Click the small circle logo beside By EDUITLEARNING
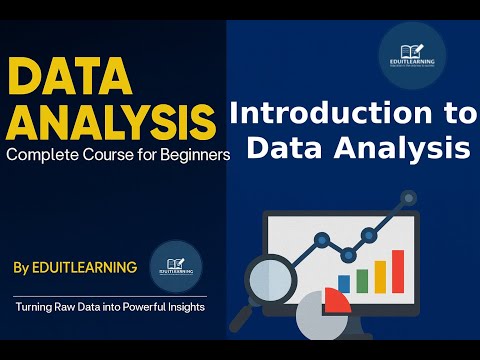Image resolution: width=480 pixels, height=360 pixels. [176, 267]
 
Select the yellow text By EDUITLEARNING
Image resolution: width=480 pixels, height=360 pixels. [77, 268]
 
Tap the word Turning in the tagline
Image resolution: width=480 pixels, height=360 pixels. [38, 307]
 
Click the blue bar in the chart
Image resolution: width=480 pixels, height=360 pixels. [345, 283]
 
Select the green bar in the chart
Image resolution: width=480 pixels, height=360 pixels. [362, 279]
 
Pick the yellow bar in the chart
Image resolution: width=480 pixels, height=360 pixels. [380, 274]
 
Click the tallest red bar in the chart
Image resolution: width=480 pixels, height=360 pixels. [398, 269]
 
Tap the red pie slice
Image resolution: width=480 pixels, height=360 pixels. [337, 304]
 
